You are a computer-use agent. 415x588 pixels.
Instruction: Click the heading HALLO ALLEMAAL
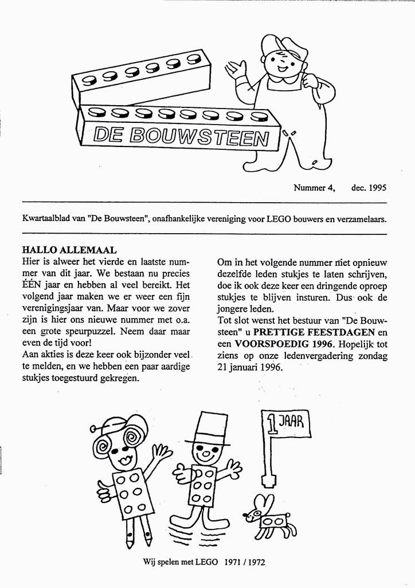[x=69, y=250]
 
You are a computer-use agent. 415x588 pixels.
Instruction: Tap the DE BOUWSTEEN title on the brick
[x=181, y=136]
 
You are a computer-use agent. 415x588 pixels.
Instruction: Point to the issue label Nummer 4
[x=314, y=187]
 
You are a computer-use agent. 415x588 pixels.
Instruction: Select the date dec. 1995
[x=369, y=187]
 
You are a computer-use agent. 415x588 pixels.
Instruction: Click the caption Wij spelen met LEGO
[x=181, y=563]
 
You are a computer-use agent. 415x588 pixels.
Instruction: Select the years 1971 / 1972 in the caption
[x=245, y=563]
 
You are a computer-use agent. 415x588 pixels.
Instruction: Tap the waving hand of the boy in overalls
[x=236, y=70]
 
